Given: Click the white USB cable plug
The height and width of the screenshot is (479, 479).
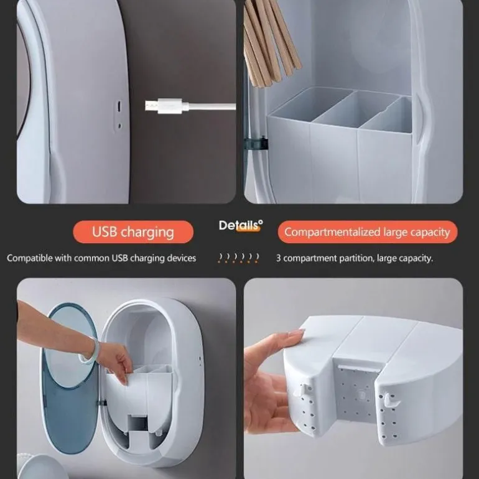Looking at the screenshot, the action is tap(167, 106).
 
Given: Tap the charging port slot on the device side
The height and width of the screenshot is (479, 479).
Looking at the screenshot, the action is tap(119, 106).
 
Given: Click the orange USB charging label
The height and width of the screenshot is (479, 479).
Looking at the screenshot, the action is tap(133, 232).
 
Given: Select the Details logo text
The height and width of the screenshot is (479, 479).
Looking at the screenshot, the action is tap(241, 226).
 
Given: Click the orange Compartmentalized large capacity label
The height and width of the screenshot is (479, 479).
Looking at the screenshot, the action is tap(368, 232).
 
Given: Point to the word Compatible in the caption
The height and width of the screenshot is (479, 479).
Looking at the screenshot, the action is tap(30, 258).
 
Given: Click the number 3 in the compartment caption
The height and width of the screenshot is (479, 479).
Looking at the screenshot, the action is tap(278, 258).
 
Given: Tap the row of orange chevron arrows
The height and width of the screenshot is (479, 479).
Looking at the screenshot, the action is tap(238, 258).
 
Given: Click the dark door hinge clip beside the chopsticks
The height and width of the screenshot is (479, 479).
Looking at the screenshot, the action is tap(256, 144).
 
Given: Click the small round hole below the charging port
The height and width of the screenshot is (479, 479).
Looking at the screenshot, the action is tap(119, 126).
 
